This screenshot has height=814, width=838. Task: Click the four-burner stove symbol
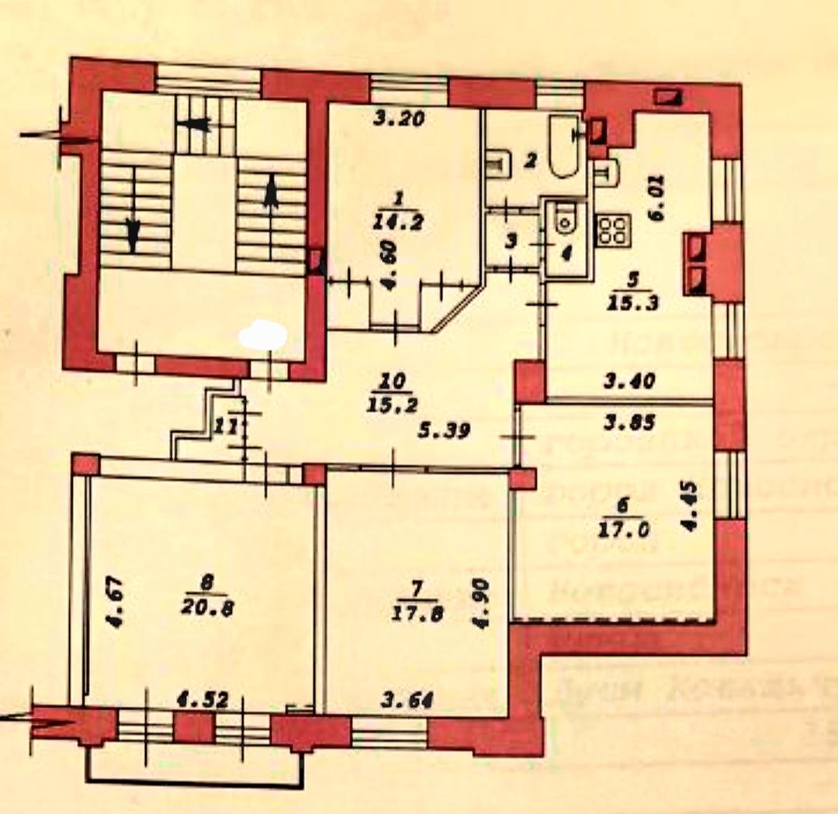(614, 229)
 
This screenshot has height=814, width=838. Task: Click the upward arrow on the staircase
(270, 191)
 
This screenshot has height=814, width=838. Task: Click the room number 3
(509, 240)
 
